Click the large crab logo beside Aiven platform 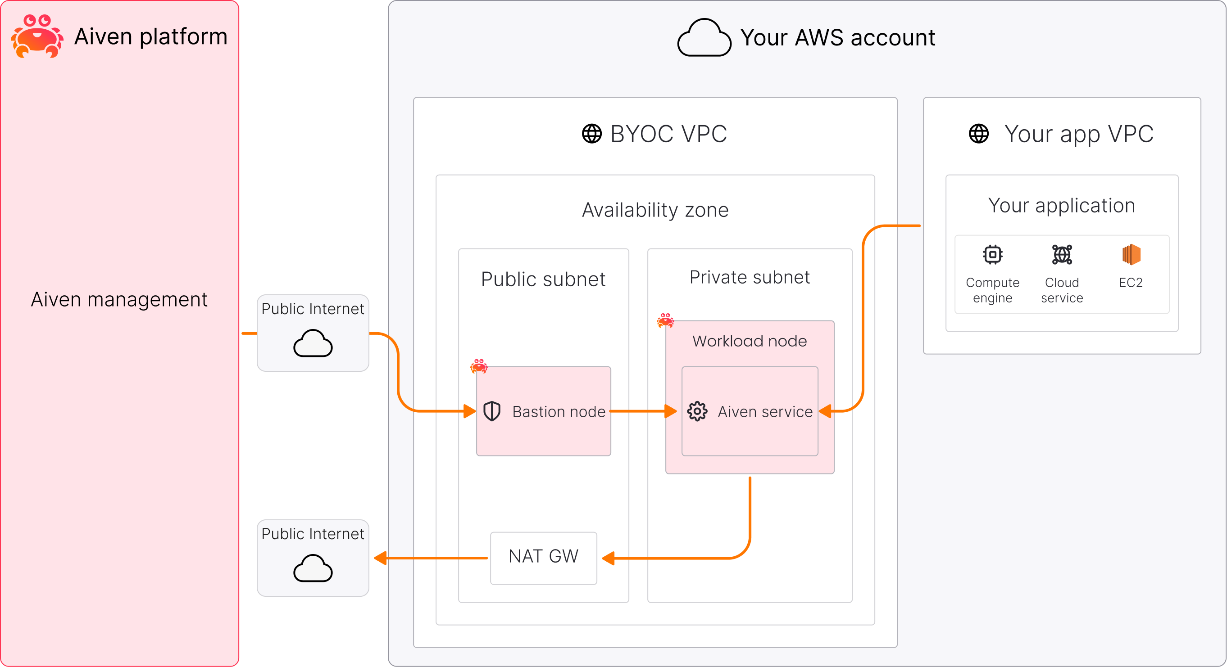(x=37, y=36)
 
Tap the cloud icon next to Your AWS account (x=704, y=38)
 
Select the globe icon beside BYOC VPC (x=591, y=134)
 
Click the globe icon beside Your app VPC (x=979, y=134)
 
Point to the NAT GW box (x=544, y=558)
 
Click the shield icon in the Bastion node (x=491, y=411)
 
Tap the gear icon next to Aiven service (x=697, y=411)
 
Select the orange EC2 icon (x=1131, y=255)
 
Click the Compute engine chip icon (x=993, y=255)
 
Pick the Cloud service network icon (x=1062, y=255)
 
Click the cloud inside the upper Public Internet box (x=313, y=343)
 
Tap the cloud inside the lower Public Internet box (x=313, y=568)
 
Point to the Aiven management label (x=119, y=300)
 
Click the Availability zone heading (x=655, y=210)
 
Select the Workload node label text (x=750, y=341)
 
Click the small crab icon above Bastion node (x=479, y=366)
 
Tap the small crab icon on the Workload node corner (x=665, y=320)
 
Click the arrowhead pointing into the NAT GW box (x=608, y=558)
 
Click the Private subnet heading (x=750, y=277)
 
